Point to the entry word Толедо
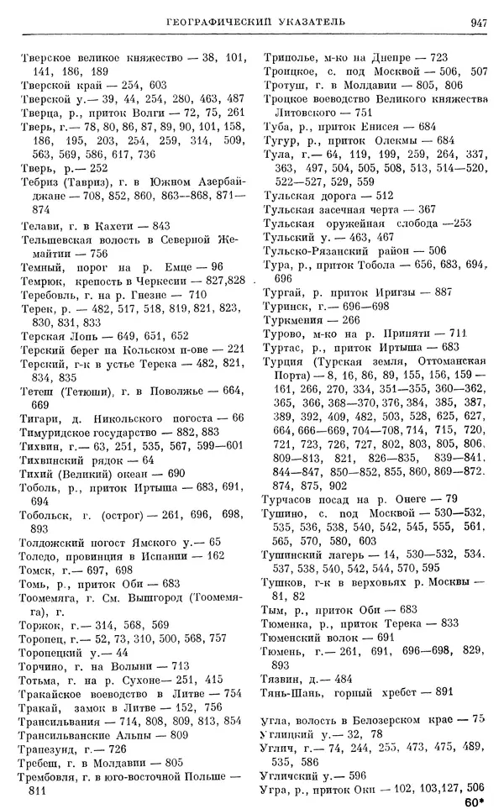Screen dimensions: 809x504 [39, 555]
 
